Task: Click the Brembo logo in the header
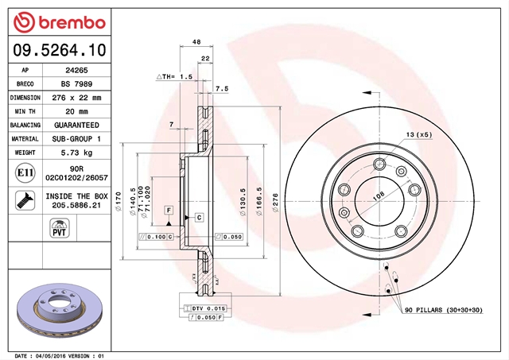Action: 60,22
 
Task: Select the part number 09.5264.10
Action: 60,50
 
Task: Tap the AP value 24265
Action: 76,70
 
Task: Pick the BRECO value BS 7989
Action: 76,84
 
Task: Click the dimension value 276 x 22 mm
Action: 76,98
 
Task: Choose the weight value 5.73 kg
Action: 76,153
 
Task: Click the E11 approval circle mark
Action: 25,173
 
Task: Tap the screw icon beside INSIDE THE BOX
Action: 25,200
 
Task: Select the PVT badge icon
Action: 60,228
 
